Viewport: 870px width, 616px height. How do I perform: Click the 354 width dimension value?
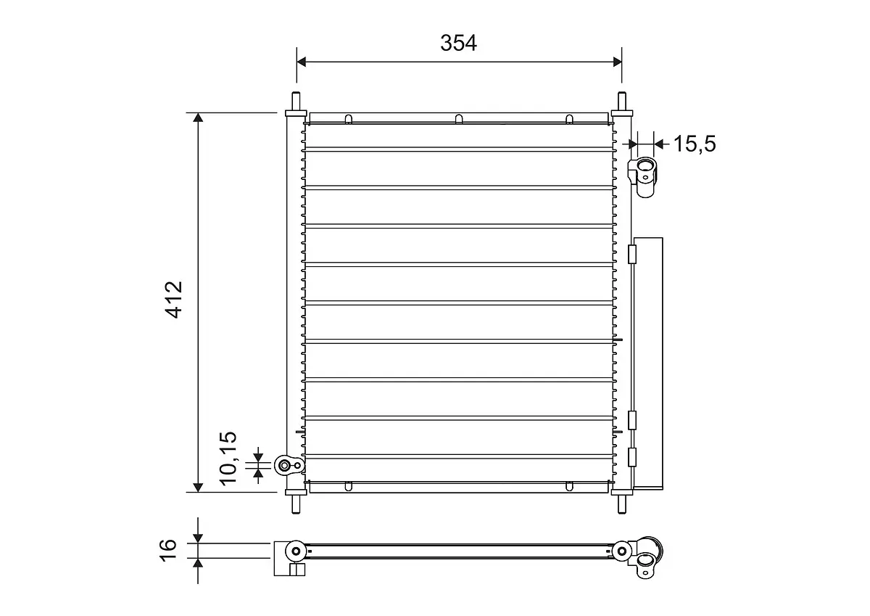click(459, 43)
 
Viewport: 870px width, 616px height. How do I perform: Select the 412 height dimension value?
click(175, 299)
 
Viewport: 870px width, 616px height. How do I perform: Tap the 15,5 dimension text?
click(694, 144)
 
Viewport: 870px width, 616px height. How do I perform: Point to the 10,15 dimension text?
click(228, 457)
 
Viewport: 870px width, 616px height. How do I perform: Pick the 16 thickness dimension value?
click(167, 549)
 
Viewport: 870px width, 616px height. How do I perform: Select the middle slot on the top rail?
click(458, 119)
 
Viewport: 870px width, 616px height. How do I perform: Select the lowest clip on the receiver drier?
click(631, 457)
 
